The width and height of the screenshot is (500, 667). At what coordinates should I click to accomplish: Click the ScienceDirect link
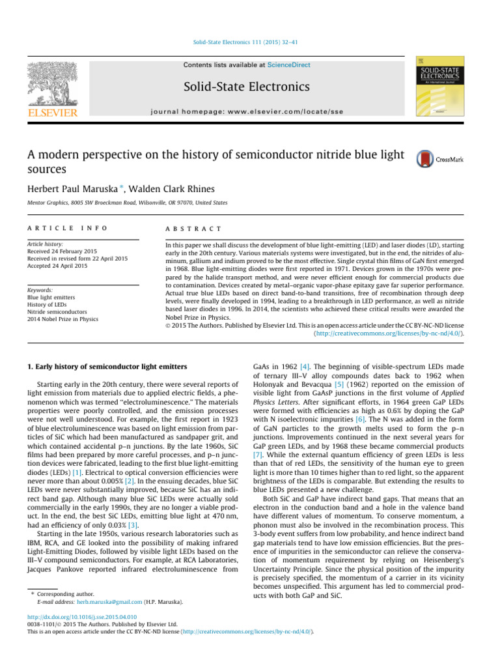point(291,65)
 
